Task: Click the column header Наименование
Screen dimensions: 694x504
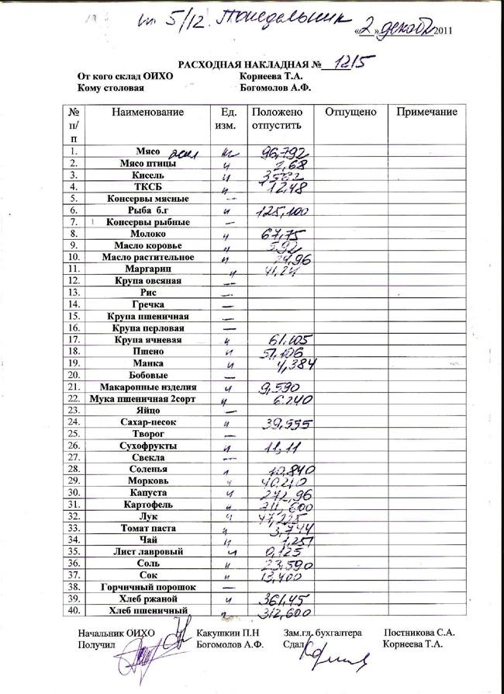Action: click(x=147, y=113)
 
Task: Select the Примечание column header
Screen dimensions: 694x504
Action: click(x=426, y=113)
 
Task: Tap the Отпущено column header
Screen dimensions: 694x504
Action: click(x=350, y=113)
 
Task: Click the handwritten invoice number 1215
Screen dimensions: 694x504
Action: click(x=350, y=61)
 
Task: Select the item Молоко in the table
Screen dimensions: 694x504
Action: click(x=148, y=234)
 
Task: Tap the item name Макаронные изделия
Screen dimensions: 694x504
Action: click(x=148, y=387)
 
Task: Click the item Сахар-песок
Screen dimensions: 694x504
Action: click(x=148, y=422)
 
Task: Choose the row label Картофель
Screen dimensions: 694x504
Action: click(x=148, y=505)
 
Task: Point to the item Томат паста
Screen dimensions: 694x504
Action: click(x=148, y=528)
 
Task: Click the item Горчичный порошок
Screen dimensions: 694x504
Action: click(x=148, y=588)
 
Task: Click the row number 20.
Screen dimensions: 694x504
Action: click(x=74, y=375)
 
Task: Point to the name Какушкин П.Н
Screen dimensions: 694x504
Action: click(x=227, y=633)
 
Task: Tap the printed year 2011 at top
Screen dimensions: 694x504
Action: click(x=438, y=30)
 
